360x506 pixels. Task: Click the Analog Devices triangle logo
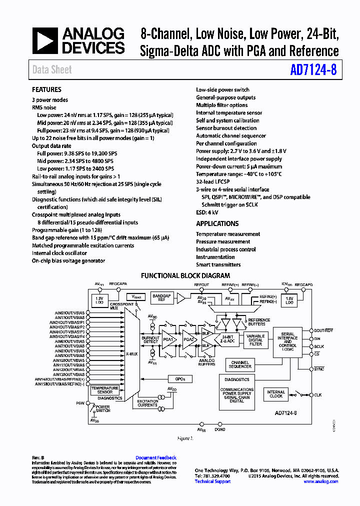tap(45, 41)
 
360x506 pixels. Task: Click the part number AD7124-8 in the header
tap(313, 70)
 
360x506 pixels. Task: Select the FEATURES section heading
tap(46, 89)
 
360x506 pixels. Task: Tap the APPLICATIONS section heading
tap(217, 223)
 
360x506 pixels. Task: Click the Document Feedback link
tap(156, 457)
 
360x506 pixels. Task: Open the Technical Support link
tap(212, 481)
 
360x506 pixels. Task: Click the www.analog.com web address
tap(320, 481)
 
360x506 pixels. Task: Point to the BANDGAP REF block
tap(161, 298)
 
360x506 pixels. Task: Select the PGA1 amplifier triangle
tap(167, 339)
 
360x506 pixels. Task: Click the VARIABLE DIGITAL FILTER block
tap(255, 340)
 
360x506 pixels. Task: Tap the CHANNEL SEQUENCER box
tap(240, 364)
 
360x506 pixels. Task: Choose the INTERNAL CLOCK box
tap(276, 394)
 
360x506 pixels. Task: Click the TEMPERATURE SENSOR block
tap(104, 390)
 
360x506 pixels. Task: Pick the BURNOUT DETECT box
tap(150, 339)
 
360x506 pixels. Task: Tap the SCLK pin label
tap(319, 346)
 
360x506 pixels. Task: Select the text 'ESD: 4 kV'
tap(207, 212)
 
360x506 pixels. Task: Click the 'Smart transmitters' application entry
tap(218, 264)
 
